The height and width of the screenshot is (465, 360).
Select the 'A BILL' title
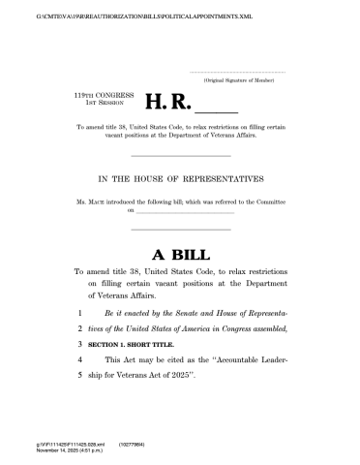point(179,255)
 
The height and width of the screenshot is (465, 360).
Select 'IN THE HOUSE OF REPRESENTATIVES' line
point(180,178)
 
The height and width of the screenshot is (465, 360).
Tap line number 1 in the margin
point(79,315)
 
